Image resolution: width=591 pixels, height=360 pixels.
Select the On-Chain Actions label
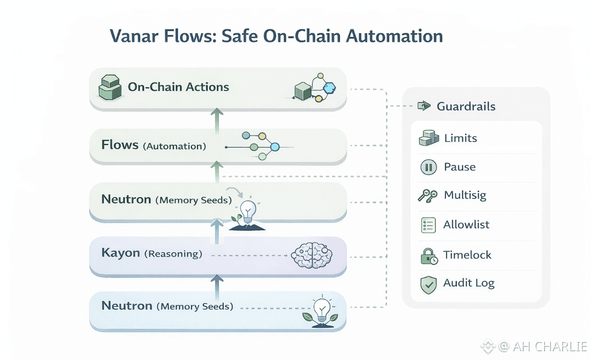tap(178, 87)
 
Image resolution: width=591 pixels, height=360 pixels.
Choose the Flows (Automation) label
tap(153, 146)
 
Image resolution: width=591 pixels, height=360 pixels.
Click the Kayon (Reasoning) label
tap(152, 254)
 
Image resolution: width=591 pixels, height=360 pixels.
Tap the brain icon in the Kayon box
tap(310, 254)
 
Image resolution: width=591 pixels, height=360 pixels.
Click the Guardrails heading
tap(466, 107)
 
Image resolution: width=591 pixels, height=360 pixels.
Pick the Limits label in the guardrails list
tap(460, 138)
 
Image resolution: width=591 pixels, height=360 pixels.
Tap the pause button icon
tap(428, 167)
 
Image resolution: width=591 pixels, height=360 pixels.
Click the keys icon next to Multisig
tap(427, 196)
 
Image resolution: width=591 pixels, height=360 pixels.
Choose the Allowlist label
tap(466, 225)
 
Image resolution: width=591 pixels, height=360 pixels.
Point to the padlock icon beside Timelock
tap(428, 256)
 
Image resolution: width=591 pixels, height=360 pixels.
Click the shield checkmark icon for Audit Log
tap(428, 284)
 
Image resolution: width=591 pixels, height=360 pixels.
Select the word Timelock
tap(467, 255)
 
